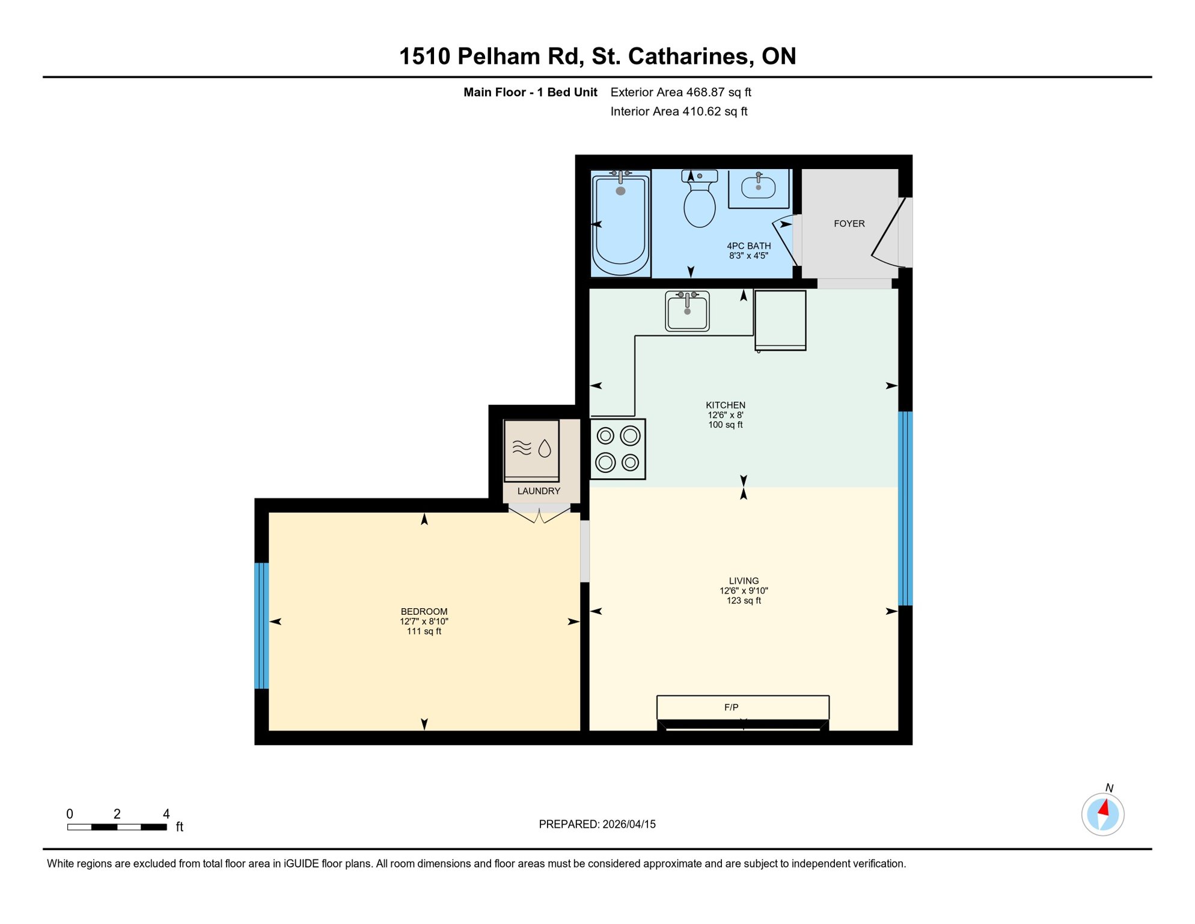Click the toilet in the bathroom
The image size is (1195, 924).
coord(700,202)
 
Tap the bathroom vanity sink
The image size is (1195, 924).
coord(758,188)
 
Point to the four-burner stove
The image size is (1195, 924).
coord(618,449)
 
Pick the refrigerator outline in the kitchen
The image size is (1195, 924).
coord(780,320)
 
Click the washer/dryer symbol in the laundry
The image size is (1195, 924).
coord(532,450)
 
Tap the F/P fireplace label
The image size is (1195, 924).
coord(732,707)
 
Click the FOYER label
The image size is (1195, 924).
coord(849,224)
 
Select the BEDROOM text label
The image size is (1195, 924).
coord(424,611)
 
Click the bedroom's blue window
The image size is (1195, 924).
coord(261,626)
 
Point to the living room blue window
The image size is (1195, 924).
coord(905,508)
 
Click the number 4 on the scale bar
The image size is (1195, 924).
coord(167,814)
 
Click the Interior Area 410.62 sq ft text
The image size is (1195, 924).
coord(679,111)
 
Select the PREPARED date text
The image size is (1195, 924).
coord(597,824)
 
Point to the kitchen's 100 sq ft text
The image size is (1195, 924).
coord(725,425)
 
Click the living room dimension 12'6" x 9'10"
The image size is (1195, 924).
coord(744,591)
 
